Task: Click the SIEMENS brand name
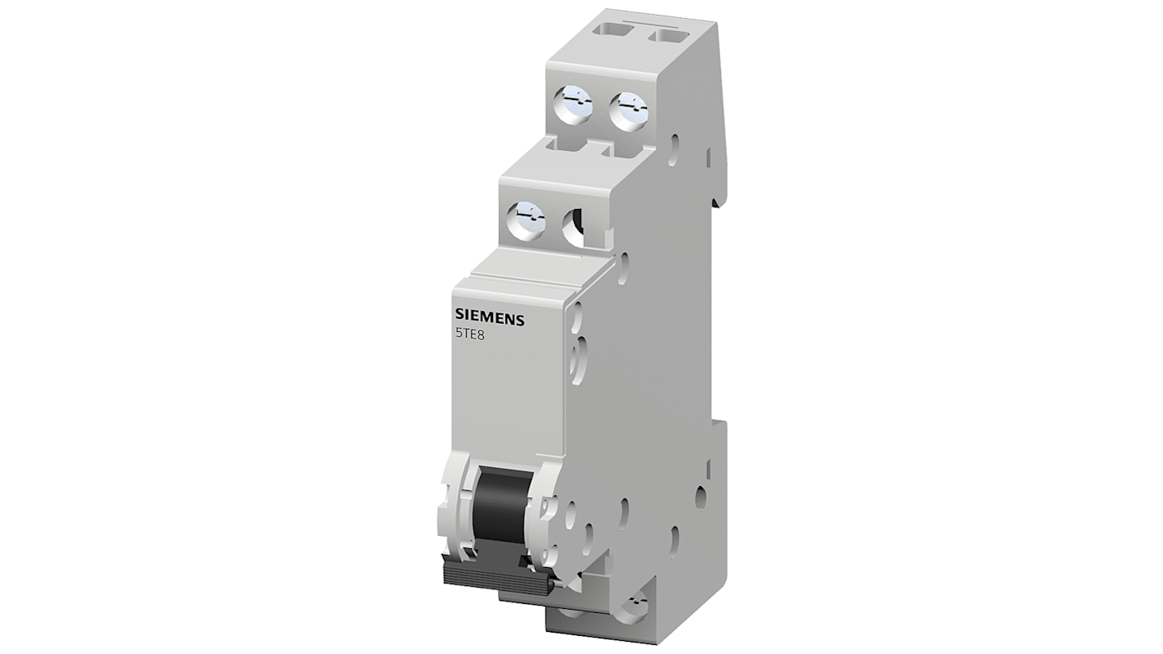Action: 489,320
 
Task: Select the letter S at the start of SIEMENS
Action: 459,319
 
